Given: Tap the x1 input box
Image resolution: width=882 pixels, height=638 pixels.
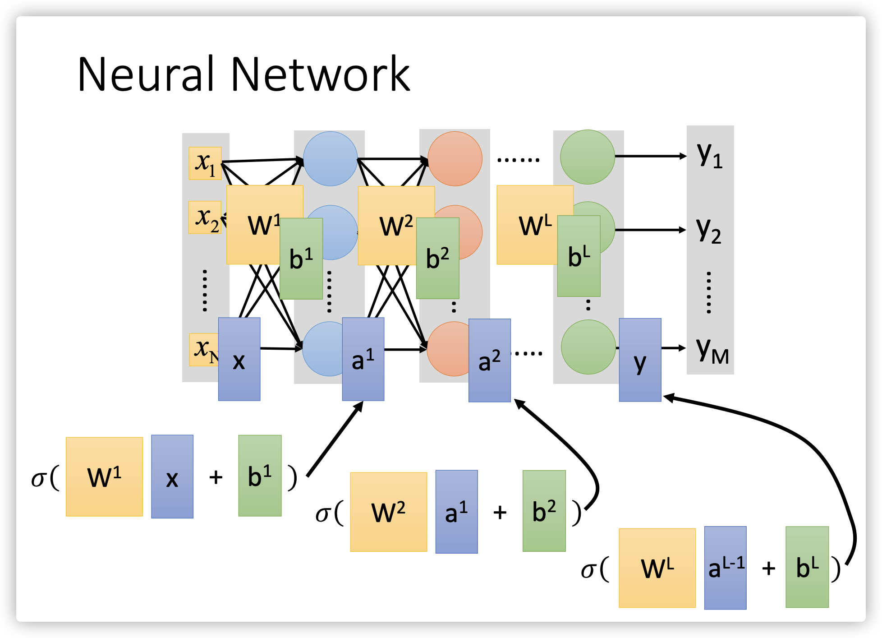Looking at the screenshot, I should pyautogui.click(x=205, y=163).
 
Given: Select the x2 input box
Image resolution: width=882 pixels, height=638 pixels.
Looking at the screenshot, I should pyautogui.click(x=204, y=217).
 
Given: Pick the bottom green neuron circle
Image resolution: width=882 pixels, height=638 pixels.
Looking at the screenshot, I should pyautogui.click(x=588, y=347).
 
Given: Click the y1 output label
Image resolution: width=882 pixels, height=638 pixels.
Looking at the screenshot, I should pyautogui.click(x=709, y=155).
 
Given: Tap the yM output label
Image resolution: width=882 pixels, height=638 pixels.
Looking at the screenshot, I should pyautogui.click(x=712, y=350).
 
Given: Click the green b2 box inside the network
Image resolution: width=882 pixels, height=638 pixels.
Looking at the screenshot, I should pyautogui.click(x=437, y=258).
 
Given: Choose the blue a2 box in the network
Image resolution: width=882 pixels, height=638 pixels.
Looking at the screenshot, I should pyautogui.click(x=489, y=360).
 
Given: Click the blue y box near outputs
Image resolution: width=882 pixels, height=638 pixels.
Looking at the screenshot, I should pyautogui.click(x=639, y=360).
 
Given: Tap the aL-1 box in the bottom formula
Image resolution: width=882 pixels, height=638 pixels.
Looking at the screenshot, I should pyautogui.click(x=725, y=567).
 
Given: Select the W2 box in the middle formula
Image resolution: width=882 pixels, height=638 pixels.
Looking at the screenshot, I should pyautogui.click(x=388, y=512).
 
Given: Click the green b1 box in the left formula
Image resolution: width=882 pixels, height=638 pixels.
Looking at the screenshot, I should pyautogui.click(x=260, y=476).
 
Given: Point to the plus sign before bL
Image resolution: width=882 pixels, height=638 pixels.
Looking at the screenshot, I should pyautogui.click(x=768, y=568).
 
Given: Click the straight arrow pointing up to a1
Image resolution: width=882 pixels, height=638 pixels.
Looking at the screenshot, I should pyautogui.click(x=335, y=439).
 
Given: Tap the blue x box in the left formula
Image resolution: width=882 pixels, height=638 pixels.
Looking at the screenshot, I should pyautogui.click(x=172, y=476).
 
